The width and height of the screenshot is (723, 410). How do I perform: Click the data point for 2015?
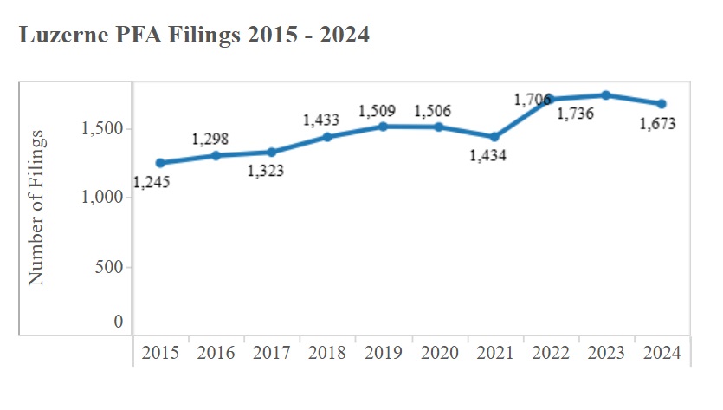pyautogui.click(x=160, y=163)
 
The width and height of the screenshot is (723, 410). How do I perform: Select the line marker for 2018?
pyautogui.click(x=327, y=137)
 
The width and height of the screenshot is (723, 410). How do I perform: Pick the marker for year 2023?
pyautogui.click(x=606, y=95)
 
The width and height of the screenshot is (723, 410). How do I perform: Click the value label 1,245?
pyautogui.click(x=152, y=182)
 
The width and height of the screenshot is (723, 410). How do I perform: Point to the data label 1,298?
pyautogui.click(x=210, y=139)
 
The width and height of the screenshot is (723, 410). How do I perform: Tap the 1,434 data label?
pyautogui.click(x=487, y=156)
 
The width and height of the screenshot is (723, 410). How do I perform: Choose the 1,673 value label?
pyautogui.click(x=658, y=124)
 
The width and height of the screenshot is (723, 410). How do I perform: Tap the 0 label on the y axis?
pyautogui.click(x=119, y=322)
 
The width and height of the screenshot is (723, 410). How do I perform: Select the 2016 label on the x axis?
pyautogui.click(x=216, y=353)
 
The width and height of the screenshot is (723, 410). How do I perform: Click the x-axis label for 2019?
pyautogui.click(x=383, y=353)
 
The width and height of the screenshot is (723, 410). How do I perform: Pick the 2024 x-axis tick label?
pyautogui.click(x=662, y=353)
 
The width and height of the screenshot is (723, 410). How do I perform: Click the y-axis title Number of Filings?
pyautogui.click(x=36, y=208)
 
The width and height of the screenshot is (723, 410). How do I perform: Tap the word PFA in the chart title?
pyautogui.click(x=142, y=36)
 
